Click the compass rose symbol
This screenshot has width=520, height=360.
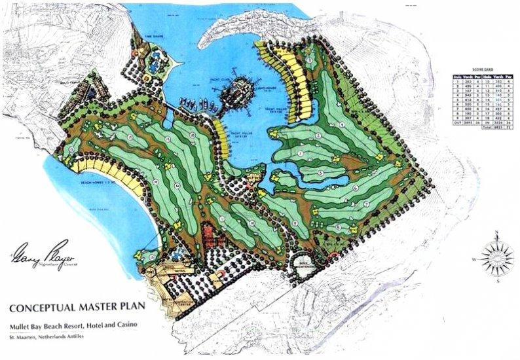[x=496, y=255]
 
